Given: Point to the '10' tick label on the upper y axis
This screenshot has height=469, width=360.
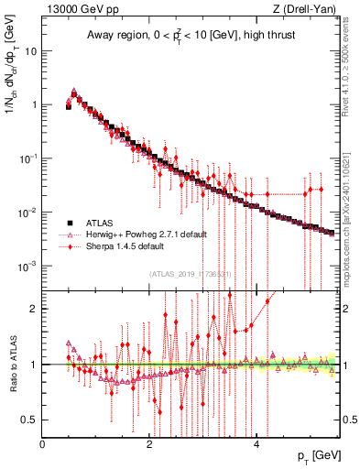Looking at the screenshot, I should click(31, 50).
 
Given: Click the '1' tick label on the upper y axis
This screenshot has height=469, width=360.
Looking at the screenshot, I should click(35, 104).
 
